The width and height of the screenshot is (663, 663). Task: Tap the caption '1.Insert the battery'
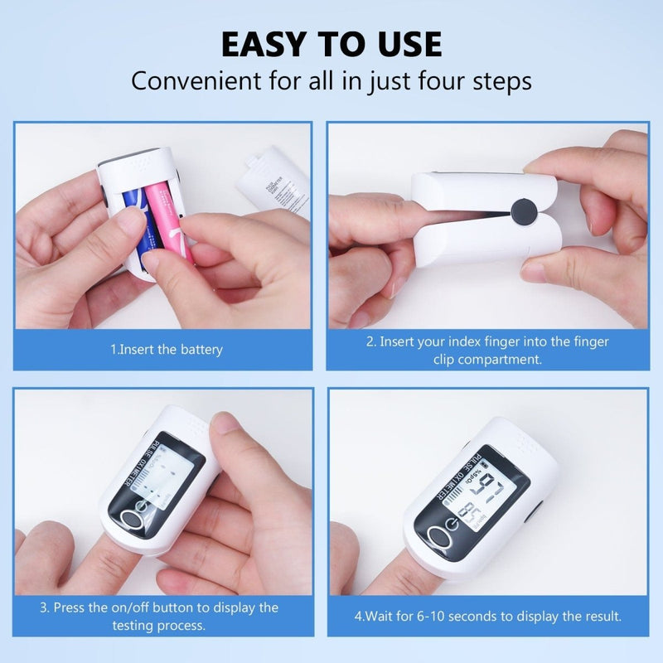click(x=166, y=350)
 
